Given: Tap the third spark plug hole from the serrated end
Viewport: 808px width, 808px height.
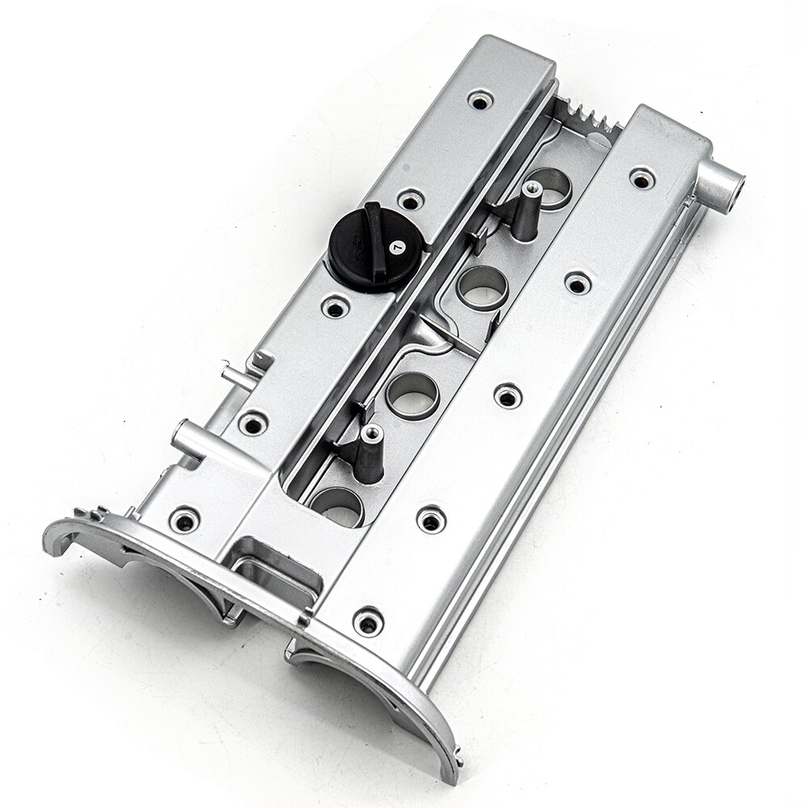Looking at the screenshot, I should tap(412, 394).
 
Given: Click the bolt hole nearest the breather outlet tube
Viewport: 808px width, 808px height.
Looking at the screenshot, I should tap(642, 178).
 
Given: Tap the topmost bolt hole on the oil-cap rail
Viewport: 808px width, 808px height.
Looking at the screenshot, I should tap(480, 100).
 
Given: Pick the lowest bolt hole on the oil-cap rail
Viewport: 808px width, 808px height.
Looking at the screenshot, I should tap(185, 520).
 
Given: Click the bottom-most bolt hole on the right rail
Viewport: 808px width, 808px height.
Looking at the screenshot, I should tap(368, 621).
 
